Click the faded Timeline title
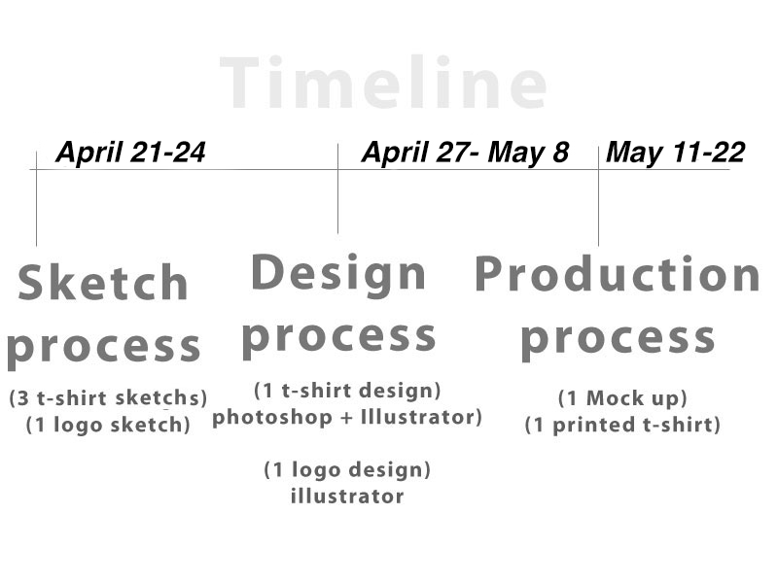(x=383, y=83)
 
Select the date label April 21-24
(x=130, y=153)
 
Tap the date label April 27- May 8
(x=466, y=153)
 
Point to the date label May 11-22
(x=676, y=152)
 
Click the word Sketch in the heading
(x=103, y=282)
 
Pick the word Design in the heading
(x=338, y=274)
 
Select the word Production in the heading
(x=618, y=274)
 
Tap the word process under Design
(x=338, y=338)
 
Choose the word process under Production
(x=619, y=340)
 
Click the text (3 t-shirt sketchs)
(x=108, y=398)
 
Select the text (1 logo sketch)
(x=108, y=425)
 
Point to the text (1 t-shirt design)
(x=347, y=391)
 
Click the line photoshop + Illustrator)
(x=347, y=418)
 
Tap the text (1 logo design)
(x=347, y=469)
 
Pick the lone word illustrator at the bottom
(x=347, y=496)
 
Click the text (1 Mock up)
(x=622, y=398)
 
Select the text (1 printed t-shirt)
(x=622, y=425)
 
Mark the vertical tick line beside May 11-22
(x=598, y=196)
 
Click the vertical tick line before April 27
(x=337, y=189)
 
